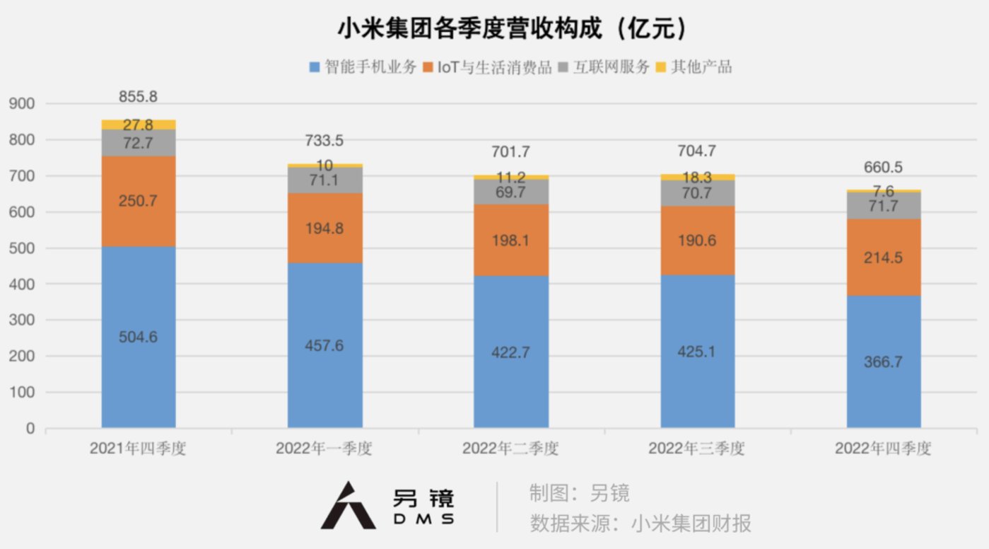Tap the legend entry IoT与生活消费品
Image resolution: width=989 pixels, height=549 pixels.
tap(487, 67)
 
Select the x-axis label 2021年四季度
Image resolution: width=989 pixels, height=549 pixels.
tap(139, 448)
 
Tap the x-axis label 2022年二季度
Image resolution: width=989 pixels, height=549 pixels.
tap(511, 448)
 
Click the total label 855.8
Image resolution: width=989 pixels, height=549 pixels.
tap(139, 97)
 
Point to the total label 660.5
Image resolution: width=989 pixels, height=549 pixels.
tap(884, 168)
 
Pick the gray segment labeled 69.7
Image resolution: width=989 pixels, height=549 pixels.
tap(511, 191)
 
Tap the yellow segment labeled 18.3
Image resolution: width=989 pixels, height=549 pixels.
tap(698, 177)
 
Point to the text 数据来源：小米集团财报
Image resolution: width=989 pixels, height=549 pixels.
tap(640, 524)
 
